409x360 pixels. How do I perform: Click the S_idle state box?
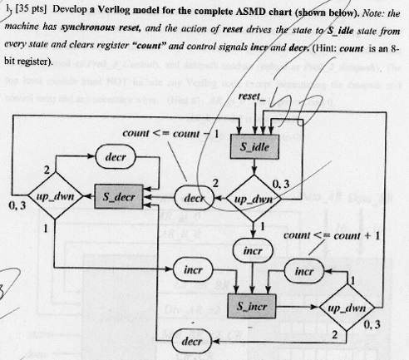(x=249, y=147)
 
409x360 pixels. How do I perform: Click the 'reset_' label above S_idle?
(x=249, y=97)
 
